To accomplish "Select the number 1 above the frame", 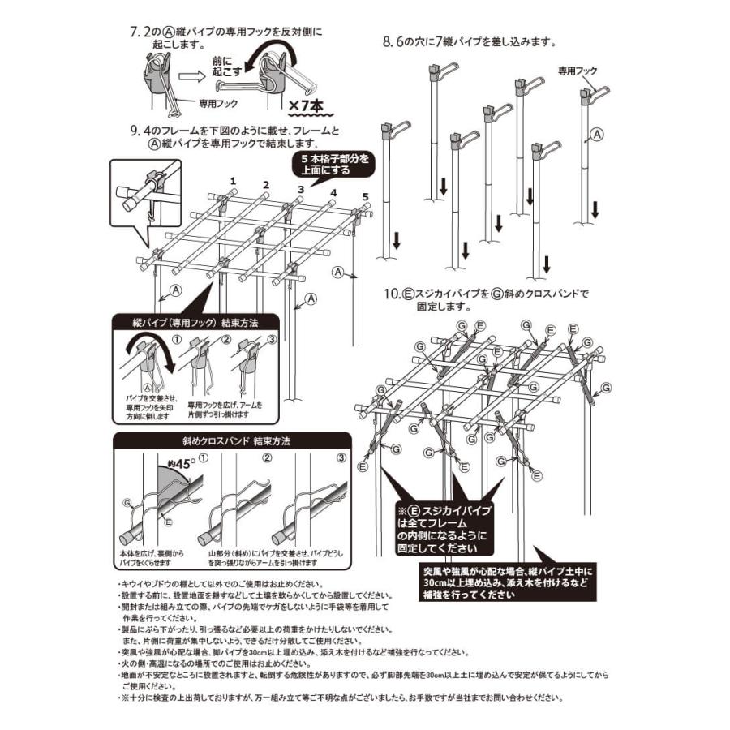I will [x=233, y=180].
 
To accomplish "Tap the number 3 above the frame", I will [x=300, y=189].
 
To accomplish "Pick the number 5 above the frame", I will [x=365, y=197].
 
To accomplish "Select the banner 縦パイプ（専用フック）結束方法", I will [x=195, y=322].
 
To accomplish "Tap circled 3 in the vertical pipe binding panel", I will [x=273, y=339].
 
